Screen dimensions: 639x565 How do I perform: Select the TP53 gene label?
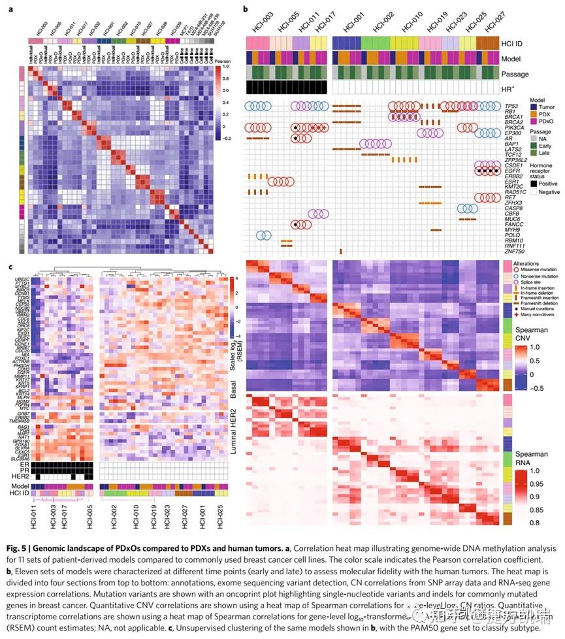(513, 106)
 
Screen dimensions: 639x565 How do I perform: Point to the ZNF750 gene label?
(515, 251)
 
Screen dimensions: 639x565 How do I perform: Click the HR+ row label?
(509, 88)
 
